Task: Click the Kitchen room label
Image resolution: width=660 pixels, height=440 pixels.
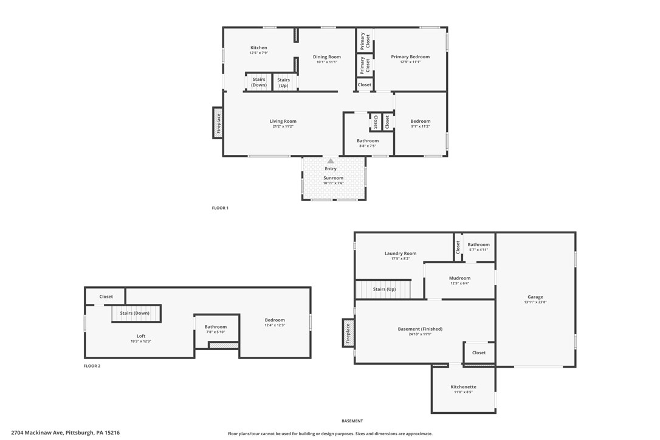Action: (x=259, y=48)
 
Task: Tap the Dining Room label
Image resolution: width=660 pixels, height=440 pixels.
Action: (x=327, y=57)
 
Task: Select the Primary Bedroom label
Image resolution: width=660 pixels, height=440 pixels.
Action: (x=410, y=57)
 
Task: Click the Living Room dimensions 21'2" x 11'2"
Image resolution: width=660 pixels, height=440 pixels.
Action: (x=283, y=126)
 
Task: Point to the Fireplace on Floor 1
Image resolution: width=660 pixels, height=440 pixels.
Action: (x=218, y=123)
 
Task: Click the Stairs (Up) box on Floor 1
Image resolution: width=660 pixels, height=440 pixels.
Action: (x=284, y=82)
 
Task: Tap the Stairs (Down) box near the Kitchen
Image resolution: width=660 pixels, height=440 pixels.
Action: (x=259, y=82)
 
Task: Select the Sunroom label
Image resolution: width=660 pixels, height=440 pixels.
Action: (x=333, y=178)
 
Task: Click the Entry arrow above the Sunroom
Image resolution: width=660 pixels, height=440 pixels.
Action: (x=331, y=161)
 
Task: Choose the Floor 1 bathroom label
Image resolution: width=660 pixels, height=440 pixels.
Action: (x=368, y=141)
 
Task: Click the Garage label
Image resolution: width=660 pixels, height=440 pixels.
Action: (x=535, y=297)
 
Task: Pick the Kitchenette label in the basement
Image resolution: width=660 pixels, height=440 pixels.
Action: (x=463, y=387)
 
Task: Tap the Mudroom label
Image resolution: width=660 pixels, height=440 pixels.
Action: (x=459, y=278)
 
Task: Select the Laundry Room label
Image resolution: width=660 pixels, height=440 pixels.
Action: (x=400, y=253)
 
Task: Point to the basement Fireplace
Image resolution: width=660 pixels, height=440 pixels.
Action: (x=348, y=334)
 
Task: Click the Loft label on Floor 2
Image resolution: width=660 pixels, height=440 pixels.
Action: (x=141, y=336)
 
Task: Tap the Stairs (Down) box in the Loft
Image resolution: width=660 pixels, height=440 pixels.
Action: (x=135, y=314)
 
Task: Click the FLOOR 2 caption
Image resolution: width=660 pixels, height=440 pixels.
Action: (x=92, y=366)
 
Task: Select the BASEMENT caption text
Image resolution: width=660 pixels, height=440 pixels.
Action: (x=352, y=421)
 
